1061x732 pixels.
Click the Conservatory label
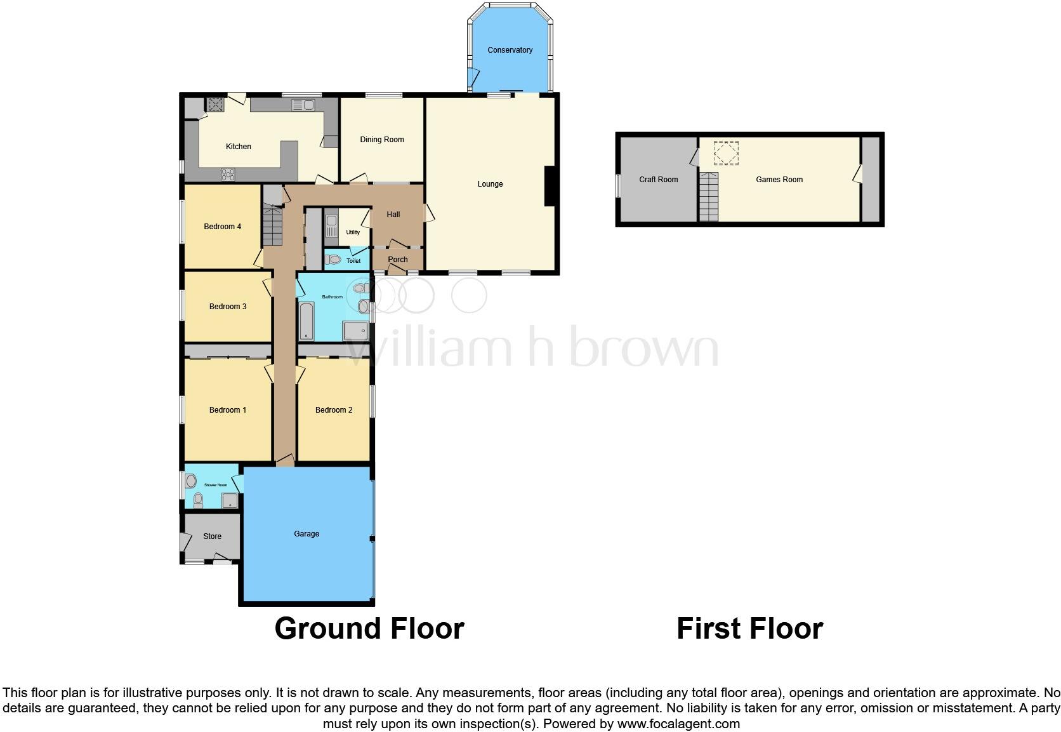[x=510, y=50]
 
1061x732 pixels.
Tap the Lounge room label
[x=490, y=184]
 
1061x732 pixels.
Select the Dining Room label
[x=381, y=140]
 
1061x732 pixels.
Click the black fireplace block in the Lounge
[x=550, y=186]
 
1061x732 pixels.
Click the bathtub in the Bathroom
[x=306, y=322]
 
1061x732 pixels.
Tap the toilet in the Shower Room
[x=198, y=500]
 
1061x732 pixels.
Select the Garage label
[x=306, y=534]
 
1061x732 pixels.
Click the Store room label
[x=212, y=536]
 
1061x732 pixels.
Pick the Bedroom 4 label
[x=222, y=227]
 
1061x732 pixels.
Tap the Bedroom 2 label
[x=334, y=410]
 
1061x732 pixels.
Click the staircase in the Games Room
[x=709, y=197]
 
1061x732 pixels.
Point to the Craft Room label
[x=658, y=180]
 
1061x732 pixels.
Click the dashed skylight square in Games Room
[x=726, y=153]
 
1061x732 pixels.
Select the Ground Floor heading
[x=369, y=629]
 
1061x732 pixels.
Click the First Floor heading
[x=749, y=629]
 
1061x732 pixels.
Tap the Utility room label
[x=353, y=232]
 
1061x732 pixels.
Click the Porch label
[x=398, y=260]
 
